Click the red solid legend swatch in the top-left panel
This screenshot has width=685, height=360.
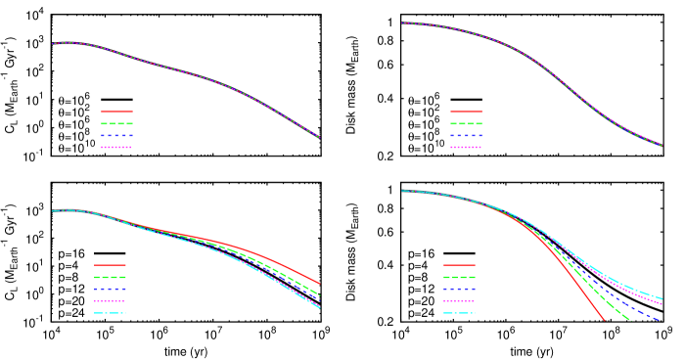tap(116, 112)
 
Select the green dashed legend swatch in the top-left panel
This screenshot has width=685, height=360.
tap(116, 124)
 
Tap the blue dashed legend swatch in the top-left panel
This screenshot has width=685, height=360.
tap(116, 136)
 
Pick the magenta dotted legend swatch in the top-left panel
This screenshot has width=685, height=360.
tap(116, 148)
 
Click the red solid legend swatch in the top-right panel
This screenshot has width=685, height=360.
tap(466, 112)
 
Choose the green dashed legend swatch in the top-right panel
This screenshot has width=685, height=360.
tap(466, 124)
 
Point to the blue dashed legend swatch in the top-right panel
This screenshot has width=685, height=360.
tap(466, 136)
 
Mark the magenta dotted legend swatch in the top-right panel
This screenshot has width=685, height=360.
tap(466, 148)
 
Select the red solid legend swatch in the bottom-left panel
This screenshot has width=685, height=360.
tap(110, 265)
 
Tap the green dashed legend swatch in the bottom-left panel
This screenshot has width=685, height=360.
tap(110, 278)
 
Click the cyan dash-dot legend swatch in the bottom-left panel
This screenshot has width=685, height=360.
tap(110, 313)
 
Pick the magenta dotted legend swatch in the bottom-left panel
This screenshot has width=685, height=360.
tap(110, 301)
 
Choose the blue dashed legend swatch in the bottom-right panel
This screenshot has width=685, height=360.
tap(459, 290)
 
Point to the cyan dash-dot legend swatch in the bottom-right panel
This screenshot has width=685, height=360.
tap(459, 313)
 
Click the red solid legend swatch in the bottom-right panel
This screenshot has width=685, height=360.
tap(459, 265)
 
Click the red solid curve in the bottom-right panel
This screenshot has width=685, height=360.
tap(583, 293)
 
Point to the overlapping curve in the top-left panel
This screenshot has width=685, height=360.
tap(196, 73)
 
